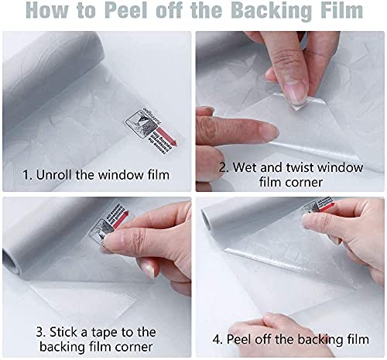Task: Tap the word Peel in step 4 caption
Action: [243, 339]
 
